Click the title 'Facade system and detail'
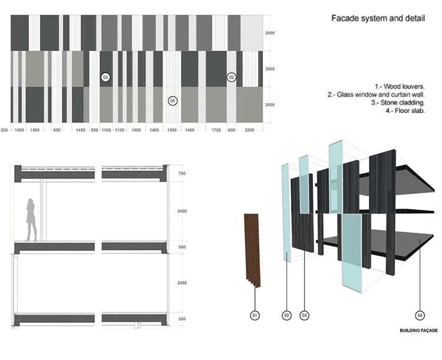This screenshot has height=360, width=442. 377,20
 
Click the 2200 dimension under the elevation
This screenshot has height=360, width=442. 249,129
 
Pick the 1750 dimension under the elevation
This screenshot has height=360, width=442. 215,129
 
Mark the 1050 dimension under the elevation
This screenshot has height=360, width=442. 19,129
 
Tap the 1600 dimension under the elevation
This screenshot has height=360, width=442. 136,129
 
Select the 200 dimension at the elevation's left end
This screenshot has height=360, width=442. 4,129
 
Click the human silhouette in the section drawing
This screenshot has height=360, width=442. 31,219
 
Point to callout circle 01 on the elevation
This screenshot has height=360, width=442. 173,101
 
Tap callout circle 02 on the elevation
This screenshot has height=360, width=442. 232,77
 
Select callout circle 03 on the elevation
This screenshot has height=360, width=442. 105,77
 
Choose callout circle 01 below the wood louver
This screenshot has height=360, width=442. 255,316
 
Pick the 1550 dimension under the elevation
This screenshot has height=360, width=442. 172,129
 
